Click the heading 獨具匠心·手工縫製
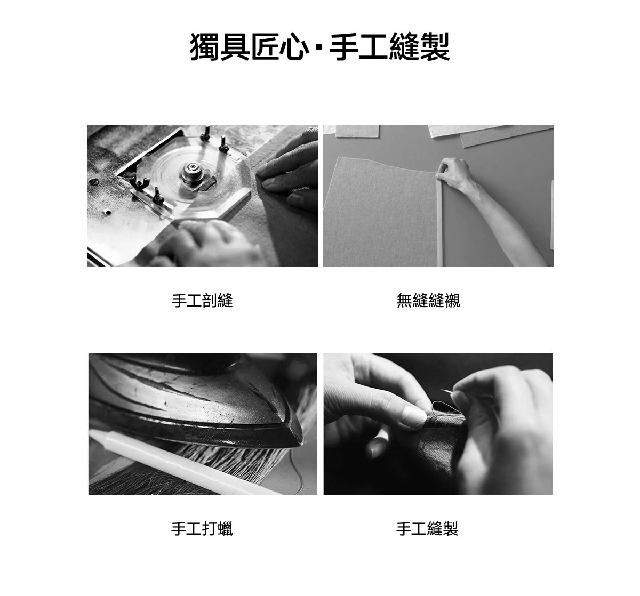point(319,47)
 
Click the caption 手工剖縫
point(202,301)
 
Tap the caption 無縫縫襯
point(428,301)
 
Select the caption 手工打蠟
point(202,529)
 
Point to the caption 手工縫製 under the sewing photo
point(427,529)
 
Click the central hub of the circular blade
point(192,173)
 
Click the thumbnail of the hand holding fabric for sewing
point(438,424)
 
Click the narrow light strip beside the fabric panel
point(439,222)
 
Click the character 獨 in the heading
point(205,47)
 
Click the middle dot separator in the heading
point(318,47)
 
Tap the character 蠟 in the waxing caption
point(225,529)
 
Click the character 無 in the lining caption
point(404,301)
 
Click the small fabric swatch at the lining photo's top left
point(357,131)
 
